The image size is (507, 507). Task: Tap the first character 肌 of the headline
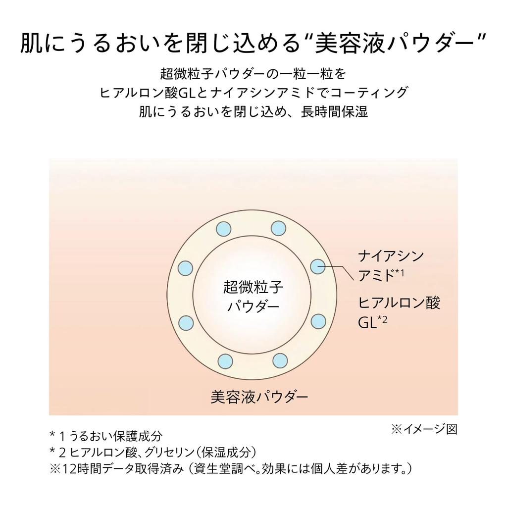pos(32,44)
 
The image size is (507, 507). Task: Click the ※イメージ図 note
pos(424,429)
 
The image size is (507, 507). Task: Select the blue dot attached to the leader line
pos(317,266)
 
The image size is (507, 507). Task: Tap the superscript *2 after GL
pos(382,319)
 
